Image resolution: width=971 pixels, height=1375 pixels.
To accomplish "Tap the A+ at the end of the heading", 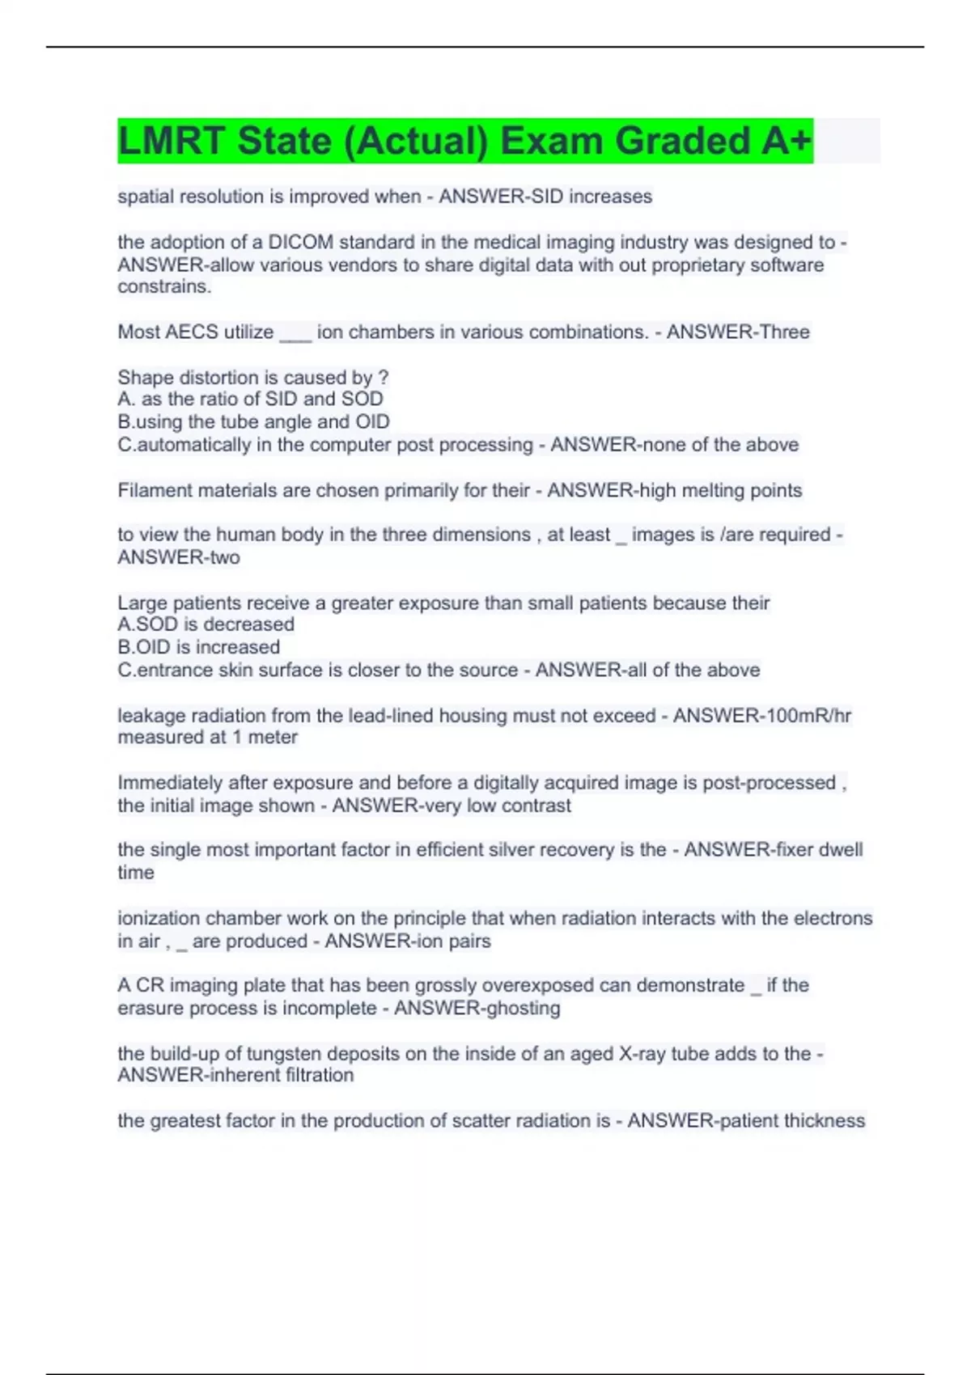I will click(785, 142).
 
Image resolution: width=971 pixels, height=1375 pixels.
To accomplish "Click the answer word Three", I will click(779, 332).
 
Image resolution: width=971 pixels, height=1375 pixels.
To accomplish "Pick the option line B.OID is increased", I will click(199, 648).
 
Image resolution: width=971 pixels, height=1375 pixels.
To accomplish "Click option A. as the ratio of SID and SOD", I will click(250, 400).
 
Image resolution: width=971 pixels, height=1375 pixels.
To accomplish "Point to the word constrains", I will click(164, 287).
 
